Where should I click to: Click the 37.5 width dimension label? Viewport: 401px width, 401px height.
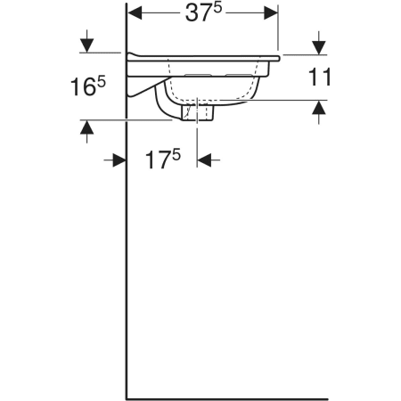(203, 12)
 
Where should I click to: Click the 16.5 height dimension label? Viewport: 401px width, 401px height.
(88, 86)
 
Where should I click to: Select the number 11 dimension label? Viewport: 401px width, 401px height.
(320, 77)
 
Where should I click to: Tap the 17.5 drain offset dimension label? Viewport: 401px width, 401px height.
(163, 159)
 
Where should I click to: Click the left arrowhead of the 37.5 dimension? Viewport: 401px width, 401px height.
(135, 12)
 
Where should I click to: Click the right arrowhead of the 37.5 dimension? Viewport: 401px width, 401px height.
(271, 12)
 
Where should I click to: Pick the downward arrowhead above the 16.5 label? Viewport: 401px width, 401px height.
(86, 45)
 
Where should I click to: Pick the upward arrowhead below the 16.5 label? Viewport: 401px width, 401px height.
(86, 127)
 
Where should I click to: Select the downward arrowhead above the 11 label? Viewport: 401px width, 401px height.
(319, 48)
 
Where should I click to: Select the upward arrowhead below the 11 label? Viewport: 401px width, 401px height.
(319, 107)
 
